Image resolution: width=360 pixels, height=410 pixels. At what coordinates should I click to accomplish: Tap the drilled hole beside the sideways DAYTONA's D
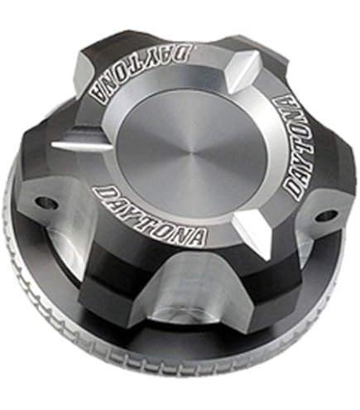coord(326,215)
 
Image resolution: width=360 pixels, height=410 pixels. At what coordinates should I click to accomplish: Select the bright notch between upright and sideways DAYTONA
coord(252,237)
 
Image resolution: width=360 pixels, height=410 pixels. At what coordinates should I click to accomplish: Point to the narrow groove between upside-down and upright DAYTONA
coord(81,143)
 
